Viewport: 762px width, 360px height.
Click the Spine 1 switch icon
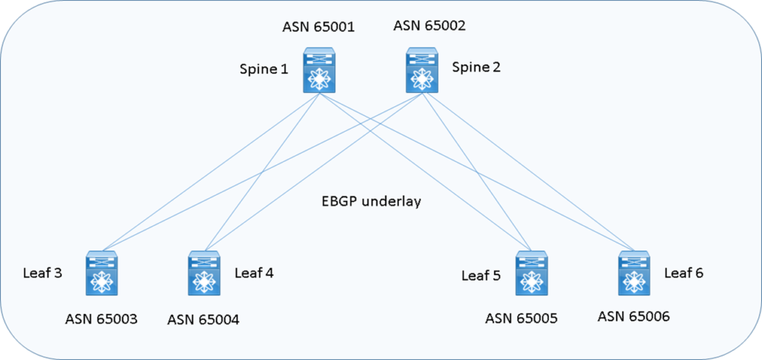coord(319,71)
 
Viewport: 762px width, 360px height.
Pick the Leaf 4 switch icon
coord(202,274)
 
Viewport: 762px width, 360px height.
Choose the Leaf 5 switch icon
coord(531,274)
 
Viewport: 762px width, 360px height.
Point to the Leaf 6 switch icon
coord(634,274)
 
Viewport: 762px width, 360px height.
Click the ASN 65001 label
coord(318,28)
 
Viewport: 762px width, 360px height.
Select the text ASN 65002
coord(429,27)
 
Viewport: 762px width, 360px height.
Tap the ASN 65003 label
coord(100,320)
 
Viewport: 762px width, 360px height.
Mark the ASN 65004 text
coord(203,321)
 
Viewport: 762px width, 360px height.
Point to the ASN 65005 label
coord(521,319)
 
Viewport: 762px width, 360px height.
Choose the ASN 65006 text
coord(633,316)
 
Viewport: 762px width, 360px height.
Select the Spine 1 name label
coord(263,70)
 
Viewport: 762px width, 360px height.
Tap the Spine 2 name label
coord(476,67)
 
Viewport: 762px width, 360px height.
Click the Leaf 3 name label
coord(42,272)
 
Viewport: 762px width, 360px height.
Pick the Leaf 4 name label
coord(254,272)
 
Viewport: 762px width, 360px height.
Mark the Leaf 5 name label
coord(481,276)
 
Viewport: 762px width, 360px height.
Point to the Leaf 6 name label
coord(684,272)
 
